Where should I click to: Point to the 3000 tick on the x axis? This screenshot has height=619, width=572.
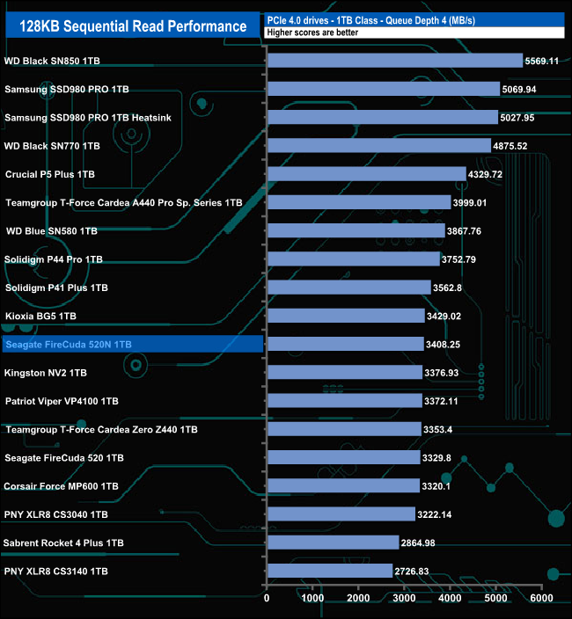(x=404, y=598)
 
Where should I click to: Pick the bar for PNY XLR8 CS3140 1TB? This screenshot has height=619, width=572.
(x=329, y=572)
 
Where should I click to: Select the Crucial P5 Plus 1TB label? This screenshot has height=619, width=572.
(x=50, y=174)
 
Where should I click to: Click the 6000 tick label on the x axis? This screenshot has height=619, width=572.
(x=541, y=598)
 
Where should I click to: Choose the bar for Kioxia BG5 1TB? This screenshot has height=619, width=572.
(x=345, y=316)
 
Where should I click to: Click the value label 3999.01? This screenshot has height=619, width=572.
(x=473, y=203)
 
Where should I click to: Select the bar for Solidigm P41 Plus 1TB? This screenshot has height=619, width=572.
(x=348, y=288)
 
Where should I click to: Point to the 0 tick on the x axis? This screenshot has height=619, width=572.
(x=267, y=598)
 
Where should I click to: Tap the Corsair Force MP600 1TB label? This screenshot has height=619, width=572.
(x=62, y=486)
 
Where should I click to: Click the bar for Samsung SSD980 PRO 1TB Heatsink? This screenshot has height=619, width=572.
(x=382, y=118)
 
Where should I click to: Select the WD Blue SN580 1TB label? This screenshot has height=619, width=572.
(x=52, y=231)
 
